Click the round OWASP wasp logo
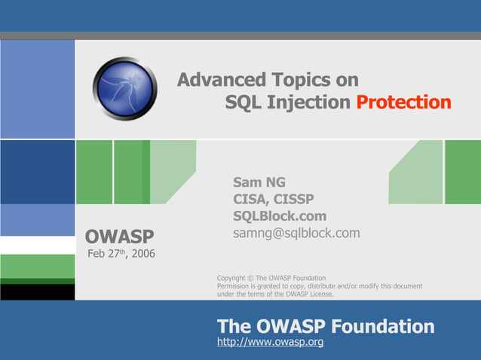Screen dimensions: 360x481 click(x=125, y=89)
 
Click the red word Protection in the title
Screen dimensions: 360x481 click(x=403, y=102)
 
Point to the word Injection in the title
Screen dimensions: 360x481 click(x=306, y=102)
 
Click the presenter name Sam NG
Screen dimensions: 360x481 click(x=259, y=182)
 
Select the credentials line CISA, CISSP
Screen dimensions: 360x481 click(x=274, y=199)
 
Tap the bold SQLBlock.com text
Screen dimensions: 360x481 click(x=280, y=216)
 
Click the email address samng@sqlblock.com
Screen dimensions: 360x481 click(x=296, y=233)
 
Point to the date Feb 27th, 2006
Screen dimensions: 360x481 click(x=121, y=253)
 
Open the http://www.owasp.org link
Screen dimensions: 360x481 click(x=270, y=343)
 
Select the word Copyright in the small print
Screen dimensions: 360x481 click(x=231, y=279)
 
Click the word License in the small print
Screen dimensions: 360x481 click(x=320, y=294)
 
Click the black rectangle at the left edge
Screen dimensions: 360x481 click(x=37, y=291)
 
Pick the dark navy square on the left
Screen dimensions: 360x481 click(x=37, y=172)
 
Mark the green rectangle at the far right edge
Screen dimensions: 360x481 click(x=462, y=172)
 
